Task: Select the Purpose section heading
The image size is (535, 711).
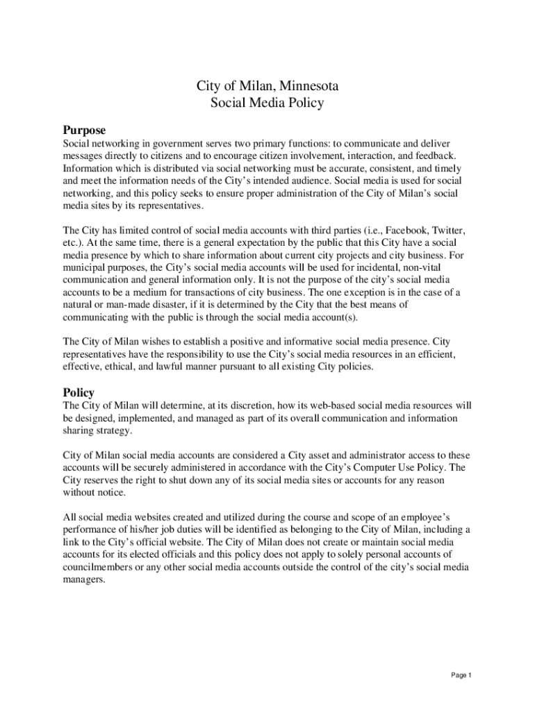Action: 84,130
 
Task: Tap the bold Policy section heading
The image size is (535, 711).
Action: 79,392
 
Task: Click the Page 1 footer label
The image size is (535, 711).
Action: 461,675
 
